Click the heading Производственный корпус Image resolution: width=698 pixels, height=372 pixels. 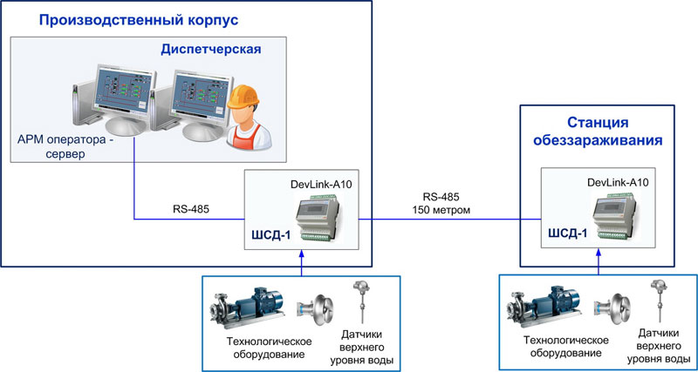pos(139,20)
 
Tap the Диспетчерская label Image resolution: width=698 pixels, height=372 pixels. pos(210,49)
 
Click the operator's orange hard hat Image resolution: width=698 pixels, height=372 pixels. pos(243,97)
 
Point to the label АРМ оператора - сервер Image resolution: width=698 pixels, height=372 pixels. pos(66,146)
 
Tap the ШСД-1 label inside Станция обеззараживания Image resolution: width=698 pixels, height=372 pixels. pos(567,233)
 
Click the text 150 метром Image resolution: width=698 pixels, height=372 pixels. pos(441,210)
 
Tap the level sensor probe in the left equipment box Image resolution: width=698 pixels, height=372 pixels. pos(359,303)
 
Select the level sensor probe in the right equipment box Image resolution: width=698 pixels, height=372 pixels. pos(656,302)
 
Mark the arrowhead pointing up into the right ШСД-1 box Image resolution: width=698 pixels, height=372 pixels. pos(599,254)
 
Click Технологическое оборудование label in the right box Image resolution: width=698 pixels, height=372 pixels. pos(566,347)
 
